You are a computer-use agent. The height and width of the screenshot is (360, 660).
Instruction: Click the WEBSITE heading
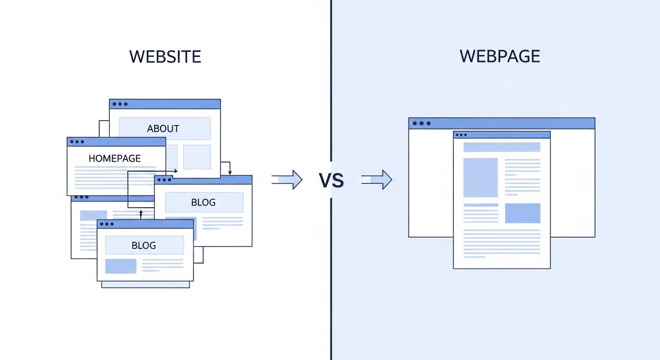click(165, 57)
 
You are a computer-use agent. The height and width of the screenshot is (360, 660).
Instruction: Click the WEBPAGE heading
click(500, 56)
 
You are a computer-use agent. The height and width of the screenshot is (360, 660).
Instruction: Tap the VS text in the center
click(331, 180)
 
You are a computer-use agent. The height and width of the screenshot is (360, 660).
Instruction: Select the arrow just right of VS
click(377, 180)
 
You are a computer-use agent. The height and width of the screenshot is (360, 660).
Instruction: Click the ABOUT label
click(163, 128)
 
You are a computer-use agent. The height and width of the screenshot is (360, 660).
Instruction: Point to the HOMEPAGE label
click(114, 158)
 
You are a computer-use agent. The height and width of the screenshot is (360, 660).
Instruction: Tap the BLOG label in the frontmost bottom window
click(143, 245)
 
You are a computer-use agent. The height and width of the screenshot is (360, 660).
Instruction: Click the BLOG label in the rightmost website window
click(203, 202)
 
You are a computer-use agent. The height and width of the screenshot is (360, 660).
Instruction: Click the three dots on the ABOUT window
click(120, 104)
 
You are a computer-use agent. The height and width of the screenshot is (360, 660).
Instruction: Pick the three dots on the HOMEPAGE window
click(77, 142)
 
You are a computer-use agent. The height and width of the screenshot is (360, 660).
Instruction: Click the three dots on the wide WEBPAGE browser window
click(421, 123)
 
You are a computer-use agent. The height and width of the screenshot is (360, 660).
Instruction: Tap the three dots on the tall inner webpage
click(461, 135)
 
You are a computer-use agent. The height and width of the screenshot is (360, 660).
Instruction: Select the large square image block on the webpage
click(480, 178)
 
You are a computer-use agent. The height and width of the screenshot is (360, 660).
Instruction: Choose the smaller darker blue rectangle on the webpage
click(522, 213)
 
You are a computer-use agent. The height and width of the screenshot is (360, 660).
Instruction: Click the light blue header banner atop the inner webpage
click(502, 147)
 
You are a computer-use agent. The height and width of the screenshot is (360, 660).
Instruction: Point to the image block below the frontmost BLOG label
click(120, 266)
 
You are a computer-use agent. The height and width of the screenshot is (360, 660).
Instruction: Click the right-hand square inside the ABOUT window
click(197, 157)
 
